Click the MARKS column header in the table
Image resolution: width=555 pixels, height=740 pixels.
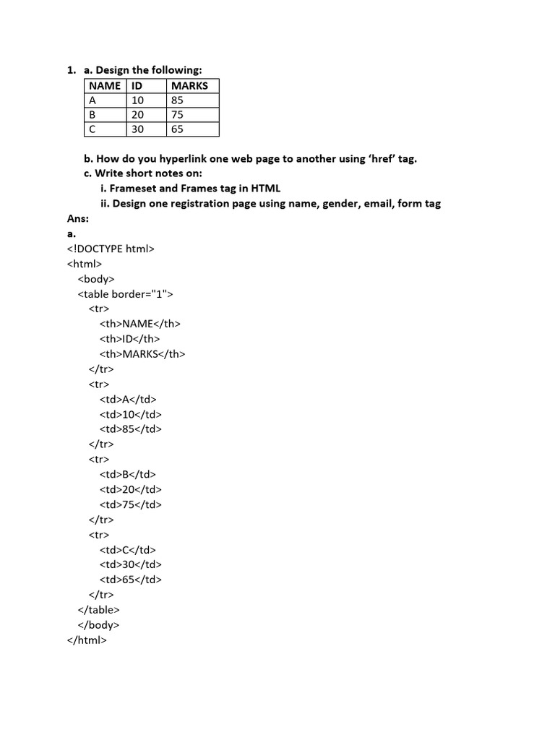189,85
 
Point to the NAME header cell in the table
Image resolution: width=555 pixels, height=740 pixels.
105,85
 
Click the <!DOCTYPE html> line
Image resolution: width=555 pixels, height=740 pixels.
111,249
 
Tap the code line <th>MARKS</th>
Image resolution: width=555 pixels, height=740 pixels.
142,354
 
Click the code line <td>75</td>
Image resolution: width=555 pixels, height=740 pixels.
131,504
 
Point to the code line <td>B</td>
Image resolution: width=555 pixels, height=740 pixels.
128,474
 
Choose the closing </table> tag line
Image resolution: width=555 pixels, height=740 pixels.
98,610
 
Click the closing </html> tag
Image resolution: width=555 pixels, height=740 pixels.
87,640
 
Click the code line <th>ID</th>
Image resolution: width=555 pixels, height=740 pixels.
130,339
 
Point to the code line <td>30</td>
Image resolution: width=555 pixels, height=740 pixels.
131,564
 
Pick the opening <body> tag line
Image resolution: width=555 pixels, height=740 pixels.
96,279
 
